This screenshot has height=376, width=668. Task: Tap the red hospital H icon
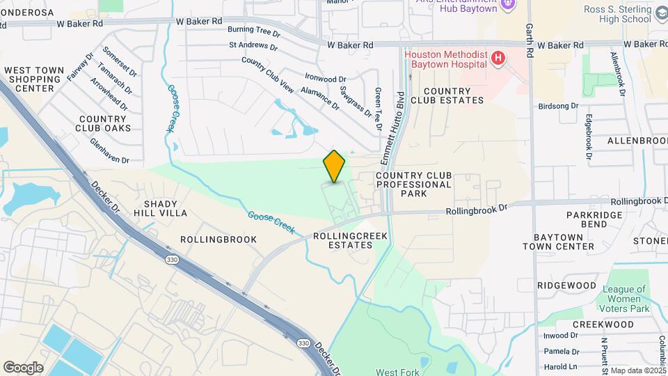pyautogui.click(x=498, y=58)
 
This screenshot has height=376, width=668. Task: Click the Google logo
pyautogui.click(x=23, y=368)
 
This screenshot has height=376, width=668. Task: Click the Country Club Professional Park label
pyautogui.click(x=413, y=185)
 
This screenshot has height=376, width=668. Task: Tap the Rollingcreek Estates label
pyautogui.click(x=350, y=240)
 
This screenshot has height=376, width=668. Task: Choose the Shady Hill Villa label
pyautogui.click(x=166, y=209)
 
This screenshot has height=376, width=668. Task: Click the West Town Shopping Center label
pyautogui.click(x=34, y=79)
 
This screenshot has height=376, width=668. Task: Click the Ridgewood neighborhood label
pyautogui.click(x=566, y=285)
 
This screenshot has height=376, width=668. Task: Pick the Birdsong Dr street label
pyautogui.click(x=558, y=107)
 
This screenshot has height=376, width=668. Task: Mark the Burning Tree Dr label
pyautogui.click(x=253, y=32)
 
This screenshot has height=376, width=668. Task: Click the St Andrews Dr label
pyautogui.click(x=253, y=47)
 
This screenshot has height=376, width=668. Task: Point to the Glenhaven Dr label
pyautogui.click(x=109, y=150)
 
